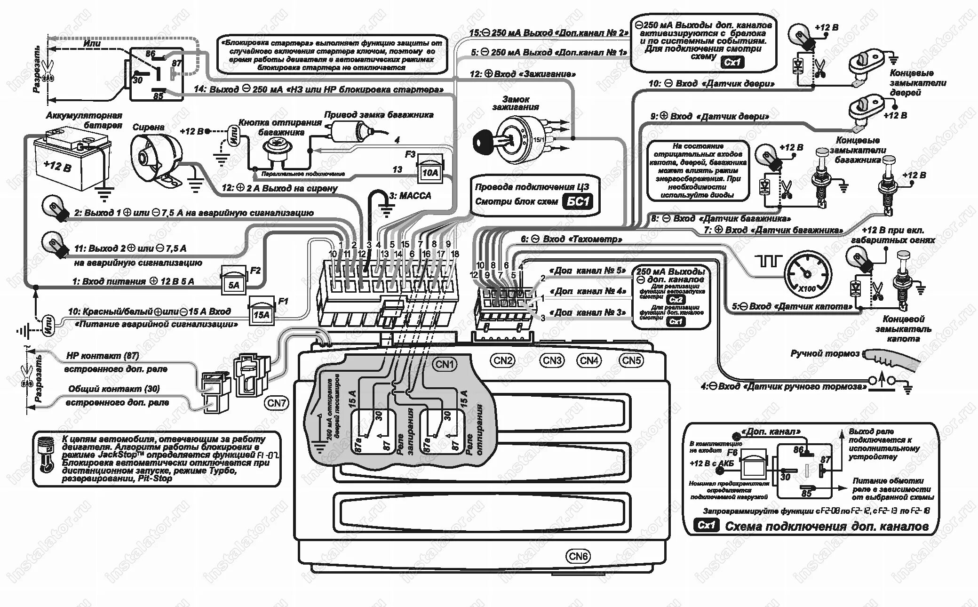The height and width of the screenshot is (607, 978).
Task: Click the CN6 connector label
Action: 578,556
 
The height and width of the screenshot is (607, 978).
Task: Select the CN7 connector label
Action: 277,403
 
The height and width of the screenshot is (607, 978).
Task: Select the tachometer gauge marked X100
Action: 807,274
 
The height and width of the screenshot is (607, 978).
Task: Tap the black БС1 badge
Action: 578,202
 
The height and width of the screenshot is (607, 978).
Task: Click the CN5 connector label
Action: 631,360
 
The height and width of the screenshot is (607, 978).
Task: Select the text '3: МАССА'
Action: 410,195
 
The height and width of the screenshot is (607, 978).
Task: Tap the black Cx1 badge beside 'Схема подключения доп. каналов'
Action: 706,525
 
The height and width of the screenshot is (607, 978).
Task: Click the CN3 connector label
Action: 552,360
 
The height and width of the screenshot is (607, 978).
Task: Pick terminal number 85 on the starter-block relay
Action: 158,96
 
